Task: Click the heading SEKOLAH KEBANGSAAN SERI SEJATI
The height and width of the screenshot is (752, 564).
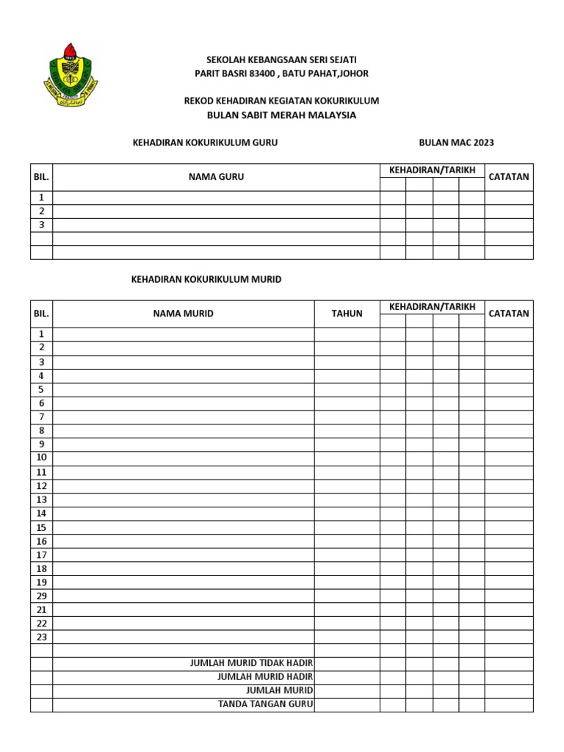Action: coord(281,59)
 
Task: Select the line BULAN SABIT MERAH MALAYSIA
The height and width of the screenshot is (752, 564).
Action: coord(281,115)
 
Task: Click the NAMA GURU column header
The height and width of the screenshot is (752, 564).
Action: coord(216,177)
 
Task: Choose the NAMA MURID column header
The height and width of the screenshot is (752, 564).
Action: coord(184,314)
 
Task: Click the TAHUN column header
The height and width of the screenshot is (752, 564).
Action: coord(347,314)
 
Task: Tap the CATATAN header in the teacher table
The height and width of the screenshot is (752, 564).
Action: coord(509,177)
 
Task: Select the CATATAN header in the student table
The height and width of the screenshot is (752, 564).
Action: coord(509,314)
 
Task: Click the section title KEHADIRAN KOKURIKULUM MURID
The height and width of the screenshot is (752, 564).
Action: coord(206,279)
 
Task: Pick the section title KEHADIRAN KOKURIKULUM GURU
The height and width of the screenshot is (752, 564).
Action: coord(204,142)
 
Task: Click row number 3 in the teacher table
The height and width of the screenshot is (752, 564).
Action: coord(42,225)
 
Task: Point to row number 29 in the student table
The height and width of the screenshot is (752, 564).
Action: coord(42,596)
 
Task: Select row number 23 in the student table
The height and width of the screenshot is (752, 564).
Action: coord(42,637)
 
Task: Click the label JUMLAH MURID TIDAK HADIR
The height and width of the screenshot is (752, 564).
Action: coord(252,663)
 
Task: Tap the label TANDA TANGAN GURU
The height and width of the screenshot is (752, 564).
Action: coord(266,704)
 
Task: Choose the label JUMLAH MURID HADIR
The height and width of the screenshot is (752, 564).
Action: coord(266,676)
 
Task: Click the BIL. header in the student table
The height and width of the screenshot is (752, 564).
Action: coord(41,314)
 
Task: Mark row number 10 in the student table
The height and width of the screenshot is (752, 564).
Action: coord(42,458)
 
